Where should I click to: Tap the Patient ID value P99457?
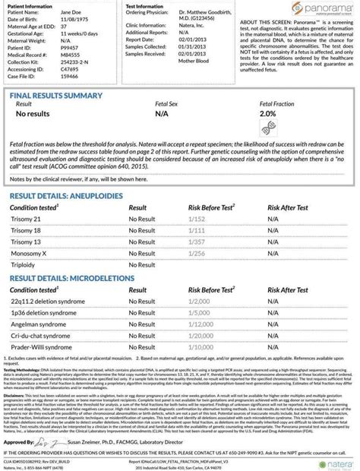click(70, 49)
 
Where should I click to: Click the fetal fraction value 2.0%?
click(267, 114)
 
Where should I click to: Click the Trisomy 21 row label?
click(26, 218)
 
